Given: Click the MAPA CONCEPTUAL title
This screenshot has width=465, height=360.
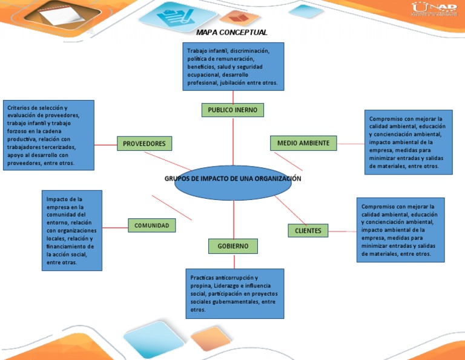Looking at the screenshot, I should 232,32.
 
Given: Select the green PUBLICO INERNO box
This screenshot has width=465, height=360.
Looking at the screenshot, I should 232,110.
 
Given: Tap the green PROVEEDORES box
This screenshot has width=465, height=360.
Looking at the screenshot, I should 144,144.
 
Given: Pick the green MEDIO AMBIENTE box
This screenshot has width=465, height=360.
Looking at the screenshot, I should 303,143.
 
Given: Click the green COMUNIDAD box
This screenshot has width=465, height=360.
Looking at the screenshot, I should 152,225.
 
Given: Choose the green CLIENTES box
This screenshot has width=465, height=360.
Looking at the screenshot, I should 308,231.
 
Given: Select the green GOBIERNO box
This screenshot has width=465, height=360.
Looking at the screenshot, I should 233,246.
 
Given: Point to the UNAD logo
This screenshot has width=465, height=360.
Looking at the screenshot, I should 434,9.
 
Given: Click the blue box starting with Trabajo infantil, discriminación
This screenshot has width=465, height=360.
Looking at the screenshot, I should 232,66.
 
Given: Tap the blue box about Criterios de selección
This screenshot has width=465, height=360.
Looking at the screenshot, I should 48,135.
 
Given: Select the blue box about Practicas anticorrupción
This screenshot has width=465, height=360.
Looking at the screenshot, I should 234,293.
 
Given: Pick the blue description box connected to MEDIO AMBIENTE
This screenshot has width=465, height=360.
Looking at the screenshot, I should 409,142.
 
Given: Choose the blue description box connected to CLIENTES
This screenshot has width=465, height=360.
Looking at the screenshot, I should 400,230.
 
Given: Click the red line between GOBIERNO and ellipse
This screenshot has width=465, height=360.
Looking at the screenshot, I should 233,221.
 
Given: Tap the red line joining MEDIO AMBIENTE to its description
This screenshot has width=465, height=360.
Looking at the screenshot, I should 351,144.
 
